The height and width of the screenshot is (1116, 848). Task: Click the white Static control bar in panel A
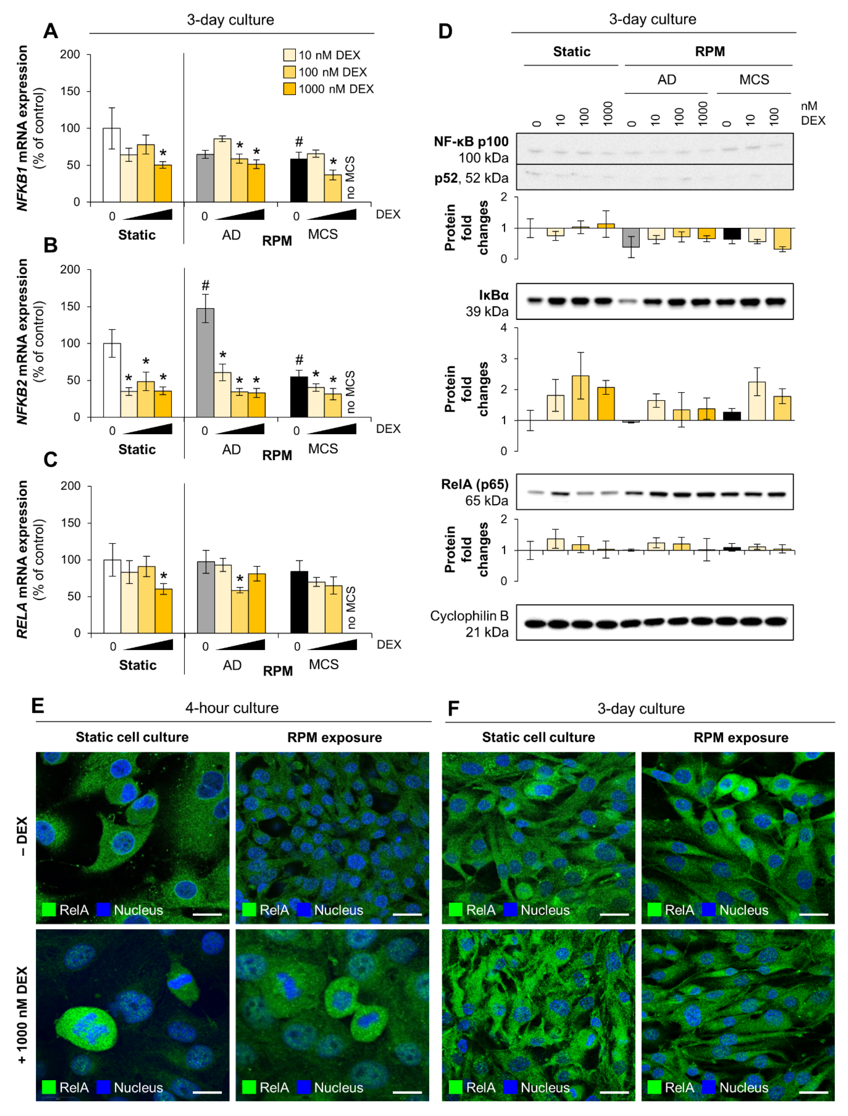pyautogui.click(x=112, y=165)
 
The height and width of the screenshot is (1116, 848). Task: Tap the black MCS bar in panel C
pyautogui.click(x=299, y=602)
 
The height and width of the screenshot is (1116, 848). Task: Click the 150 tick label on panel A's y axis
pyautogui.click(x=70, y=91)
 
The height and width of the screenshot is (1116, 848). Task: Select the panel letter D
pyautogui.click(x=445, y=32)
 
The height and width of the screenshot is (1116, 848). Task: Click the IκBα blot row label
pyautogui.click(x=494, y=295)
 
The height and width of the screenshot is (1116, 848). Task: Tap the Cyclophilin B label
pyautogui.click(x=470, y=616)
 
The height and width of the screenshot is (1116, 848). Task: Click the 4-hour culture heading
pyautogui.click(x=232, y=708)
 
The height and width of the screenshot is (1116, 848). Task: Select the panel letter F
pyautogui.click(x=453, y=709)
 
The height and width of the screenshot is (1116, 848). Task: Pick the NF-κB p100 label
pyautogui.click(x=471, y=142)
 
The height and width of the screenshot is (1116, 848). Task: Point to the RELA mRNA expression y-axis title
pyautogui.click(x=22, y=559)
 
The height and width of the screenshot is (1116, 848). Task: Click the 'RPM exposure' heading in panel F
pyautogui.click(x=740, y=738)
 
